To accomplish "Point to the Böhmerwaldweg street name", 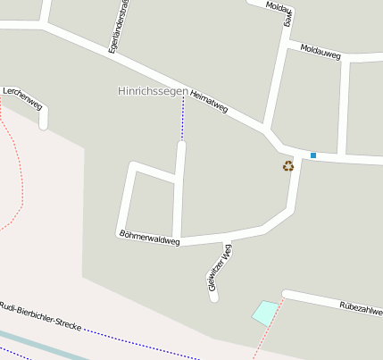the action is tap(149, 237).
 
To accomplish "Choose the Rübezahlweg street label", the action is tap(361, 308).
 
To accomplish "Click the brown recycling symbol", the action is tap(288, 165).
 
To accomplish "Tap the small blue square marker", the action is tap(313, 155).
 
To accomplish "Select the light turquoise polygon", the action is tap(265, 313).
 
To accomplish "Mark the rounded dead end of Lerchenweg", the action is tap(43, 124).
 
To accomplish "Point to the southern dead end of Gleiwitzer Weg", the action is tap(214, 297).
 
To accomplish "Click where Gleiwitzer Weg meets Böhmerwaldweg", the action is tap(227, 239).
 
